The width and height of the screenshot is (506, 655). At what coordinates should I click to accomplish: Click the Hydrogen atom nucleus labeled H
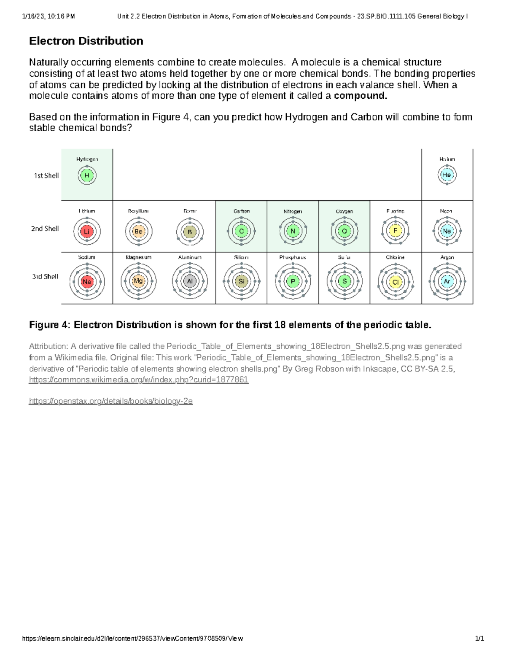click(87, 175)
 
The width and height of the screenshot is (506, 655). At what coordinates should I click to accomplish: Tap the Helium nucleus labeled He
click(447, 175)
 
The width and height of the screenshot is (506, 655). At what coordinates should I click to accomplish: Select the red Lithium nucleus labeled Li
click(87, 232)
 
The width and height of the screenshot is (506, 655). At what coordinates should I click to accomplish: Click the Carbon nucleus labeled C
click(241, 231)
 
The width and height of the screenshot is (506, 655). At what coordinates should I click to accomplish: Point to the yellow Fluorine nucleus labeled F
click(396, 231)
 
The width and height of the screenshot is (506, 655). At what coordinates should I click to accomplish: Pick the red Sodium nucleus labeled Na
click(87, 282)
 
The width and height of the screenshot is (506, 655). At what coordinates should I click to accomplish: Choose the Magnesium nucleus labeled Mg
click(138, 281)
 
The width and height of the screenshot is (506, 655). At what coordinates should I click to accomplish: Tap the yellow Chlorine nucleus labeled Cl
click(396, 282)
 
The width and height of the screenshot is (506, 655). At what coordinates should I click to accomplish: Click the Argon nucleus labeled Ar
click(447, 281)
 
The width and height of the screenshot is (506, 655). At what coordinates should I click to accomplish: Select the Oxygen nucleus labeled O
click(344, 231)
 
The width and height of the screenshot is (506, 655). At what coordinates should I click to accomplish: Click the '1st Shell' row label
click(46, 176)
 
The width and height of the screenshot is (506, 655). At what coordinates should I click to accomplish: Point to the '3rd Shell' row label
click(45, 277)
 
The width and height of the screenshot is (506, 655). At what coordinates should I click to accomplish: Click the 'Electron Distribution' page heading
click(86, 41)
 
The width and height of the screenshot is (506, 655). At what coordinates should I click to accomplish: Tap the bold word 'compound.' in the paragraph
click(360, 96)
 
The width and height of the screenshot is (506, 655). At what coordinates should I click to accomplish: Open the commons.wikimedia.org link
click(138, 380)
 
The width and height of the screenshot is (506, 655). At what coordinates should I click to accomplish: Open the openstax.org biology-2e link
click(110, 401)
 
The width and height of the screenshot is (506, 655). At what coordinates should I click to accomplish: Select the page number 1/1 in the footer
click(479, 639)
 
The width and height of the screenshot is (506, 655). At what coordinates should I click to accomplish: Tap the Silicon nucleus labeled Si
click(241, 281)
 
